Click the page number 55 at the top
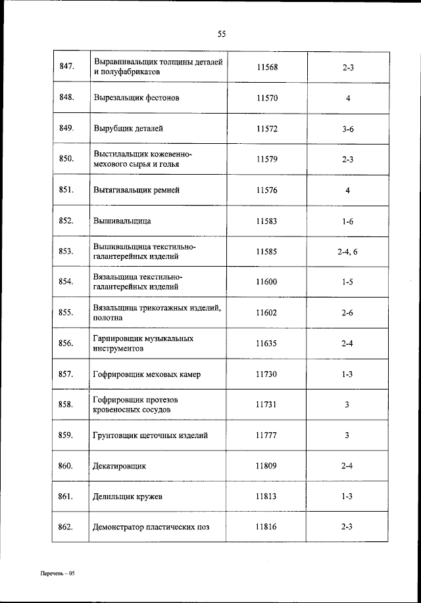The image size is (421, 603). click(x=221, y=35)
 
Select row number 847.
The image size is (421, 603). click(x=66, y=66)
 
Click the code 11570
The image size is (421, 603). click(x=267, y=98)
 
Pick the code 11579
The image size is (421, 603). click(x=267, y=159)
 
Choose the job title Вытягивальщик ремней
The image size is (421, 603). click(x=136, y=190)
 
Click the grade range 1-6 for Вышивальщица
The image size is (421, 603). click(x=348, y=221)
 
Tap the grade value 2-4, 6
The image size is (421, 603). click(x=348, y=252)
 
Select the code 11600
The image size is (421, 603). click(x=267, y=282)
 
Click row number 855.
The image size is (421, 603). click(x=66, y=313)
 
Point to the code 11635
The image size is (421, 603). click(x=267, y=344)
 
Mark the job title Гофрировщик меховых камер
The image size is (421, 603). click(x=147, y=374)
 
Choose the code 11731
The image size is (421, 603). click(x=267, y=405)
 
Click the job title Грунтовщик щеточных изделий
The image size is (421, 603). click(x=151, y=435)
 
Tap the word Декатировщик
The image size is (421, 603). click(x=120, y=466)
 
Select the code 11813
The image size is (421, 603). click(x=267, y=497)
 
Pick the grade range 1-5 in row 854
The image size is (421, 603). click(x=348, y=282)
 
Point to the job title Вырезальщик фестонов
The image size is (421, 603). click(x=136, y=98)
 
